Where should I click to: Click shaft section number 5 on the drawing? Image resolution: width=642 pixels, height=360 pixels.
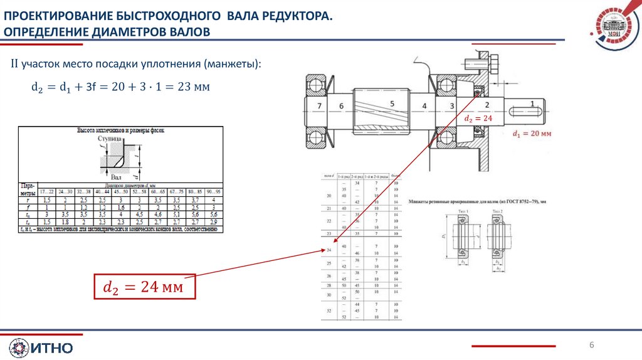pos(392,103)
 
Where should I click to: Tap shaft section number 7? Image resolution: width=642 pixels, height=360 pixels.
pos(320,105)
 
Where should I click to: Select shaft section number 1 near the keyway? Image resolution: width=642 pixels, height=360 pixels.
pos(532,103)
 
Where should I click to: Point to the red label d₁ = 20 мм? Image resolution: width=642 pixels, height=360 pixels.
pos(532,134)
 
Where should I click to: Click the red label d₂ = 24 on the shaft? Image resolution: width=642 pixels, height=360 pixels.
pos(478,118)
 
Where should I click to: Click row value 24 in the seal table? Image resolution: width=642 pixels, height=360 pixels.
pos(328,250)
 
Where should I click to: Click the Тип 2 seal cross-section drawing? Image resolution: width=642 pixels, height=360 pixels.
pos(500,238)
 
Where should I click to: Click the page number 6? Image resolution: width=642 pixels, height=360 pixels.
pos(591,346)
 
